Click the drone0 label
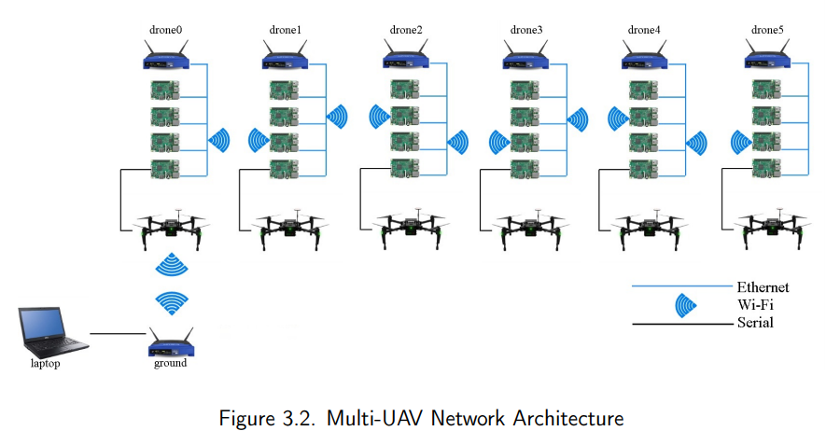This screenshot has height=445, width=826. click(165, 30)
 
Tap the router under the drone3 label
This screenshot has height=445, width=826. click(525, 55)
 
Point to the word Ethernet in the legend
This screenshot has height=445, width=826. click(763, 287)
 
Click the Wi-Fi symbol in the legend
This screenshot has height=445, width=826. click(685, 305)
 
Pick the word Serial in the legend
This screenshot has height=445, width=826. click(755, 322)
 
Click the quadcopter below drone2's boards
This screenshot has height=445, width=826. click(411, 229)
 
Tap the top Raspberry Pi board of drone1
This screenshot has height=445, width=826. click(285, 90)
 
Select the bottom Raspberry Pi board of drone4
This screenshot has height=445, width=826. click(644, 169)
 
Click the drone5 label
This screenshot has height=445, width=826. click(767, 30)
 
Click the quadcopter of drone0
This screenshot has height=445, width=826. click(171, 229)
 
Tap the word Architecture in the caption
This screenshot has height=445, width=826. click(567, 418)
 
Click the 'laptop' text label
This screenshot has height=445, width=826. click(46, 364)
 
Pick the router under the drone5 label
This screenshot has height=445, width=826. click(767, 55)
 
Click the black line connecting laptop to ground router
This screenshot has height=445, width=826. click(118, 333)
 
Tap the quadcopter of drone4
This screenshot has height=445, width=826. click(650, 230)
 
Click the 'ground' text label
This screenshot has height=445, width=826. click(170, 364)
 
